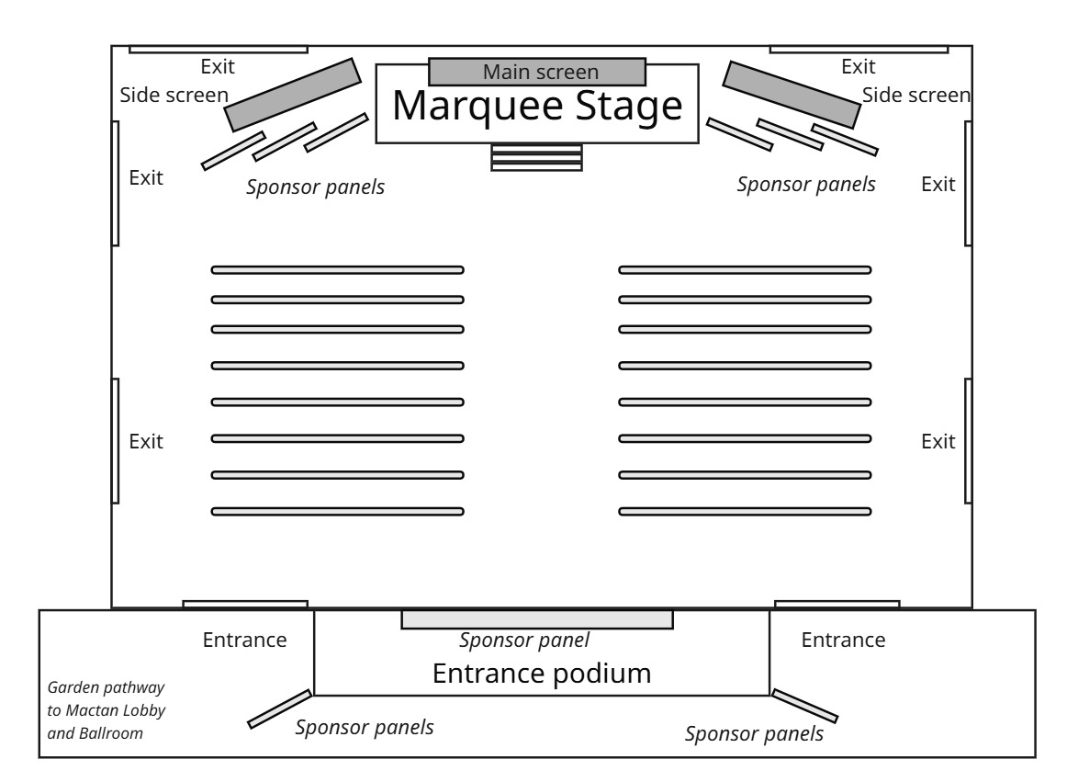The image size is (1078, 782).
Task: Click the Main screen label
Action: [x=541, y=72]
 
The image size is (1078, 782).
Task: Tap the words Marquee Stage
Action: [x=537, y=107]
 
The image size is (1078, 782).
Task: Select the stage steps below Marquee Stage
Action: [x=537, y=156]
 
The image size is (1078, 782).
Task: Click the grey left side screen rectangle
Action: [x=293, y=94]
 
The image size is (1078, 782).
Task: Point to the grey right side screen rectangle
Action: [x=792, y=94]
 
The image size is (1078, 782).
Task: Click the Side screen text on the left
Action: [x=174, y=96]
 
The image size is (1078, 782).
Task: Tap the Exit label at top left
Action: [x=218, y=66]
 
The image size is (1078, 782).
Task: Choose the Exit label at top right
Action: [x=859, y=66]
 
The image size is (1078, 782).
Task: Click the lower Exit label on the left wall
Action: [x=146, y=442]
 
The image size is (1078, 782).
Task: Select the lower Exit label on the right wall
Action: [x=938, y=442]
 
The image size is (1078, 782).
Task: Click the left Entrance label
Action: [x=245, y=640]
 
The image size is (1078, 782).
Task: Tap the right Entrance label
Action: [x=844, y=640]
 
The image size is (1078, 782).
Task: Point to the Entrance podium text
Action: [x=541, y=674]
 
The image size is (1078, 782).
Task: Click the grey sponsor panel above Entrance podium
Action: [x=537, y=619]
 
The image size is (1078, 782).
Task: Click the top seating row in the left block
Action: [x=337, y=270]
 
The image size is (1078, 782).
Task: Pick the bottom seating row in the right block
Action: [x=745, y=511]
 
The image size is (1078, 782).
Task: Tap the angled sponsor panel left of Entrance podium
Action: [x=280, y=708]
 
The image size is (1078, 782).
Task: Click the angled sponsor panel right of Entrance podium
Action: [x=804, y=705]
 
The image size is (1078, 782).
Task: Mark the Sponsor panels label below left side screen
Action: [x=315, y=187]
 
